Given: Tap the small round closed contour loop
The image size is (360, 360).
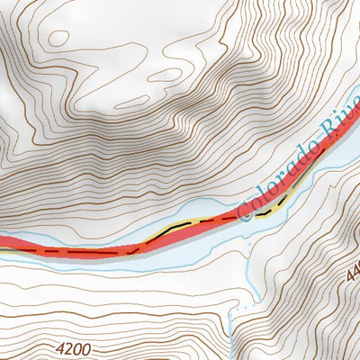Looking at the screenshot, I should pos(58,38).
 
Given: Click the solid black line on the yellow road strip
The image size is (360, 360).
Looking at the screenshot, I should pos(180,225).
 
